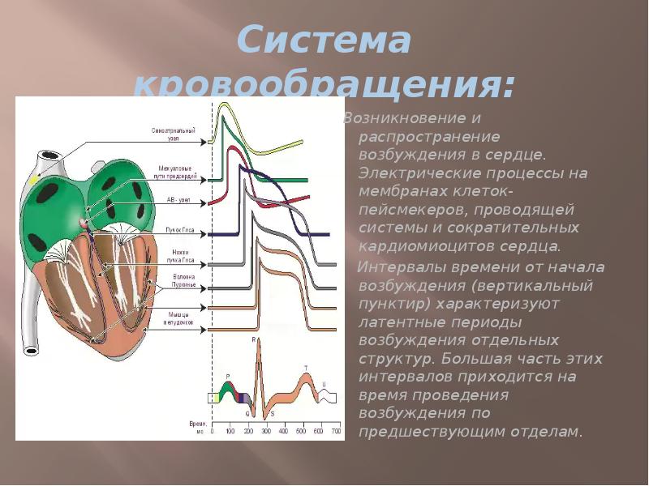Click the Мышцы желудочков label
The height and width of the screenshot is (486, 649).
coord(181,317)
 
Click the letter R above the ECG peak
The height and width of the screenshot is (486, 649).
coord(254,339)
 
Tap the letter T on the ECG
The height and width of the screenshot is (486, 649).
coord(306,368)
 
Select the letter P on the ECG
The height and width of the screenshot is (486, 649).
coord(227,376)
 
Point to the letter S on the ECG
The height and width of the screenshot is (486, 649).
coord(272,414)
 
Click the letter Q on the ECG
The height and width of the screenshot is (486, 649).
coord(247,412)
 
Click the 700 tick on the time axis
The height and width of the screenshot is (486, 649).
coord(337,433)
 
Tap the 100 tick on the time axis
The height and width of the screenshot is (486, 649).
coord(230,433)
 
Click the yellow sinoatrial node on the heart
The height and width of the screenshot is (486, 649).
coord(34,181)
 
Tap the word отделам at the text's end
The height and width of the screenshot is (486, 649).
coord(552,431)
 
